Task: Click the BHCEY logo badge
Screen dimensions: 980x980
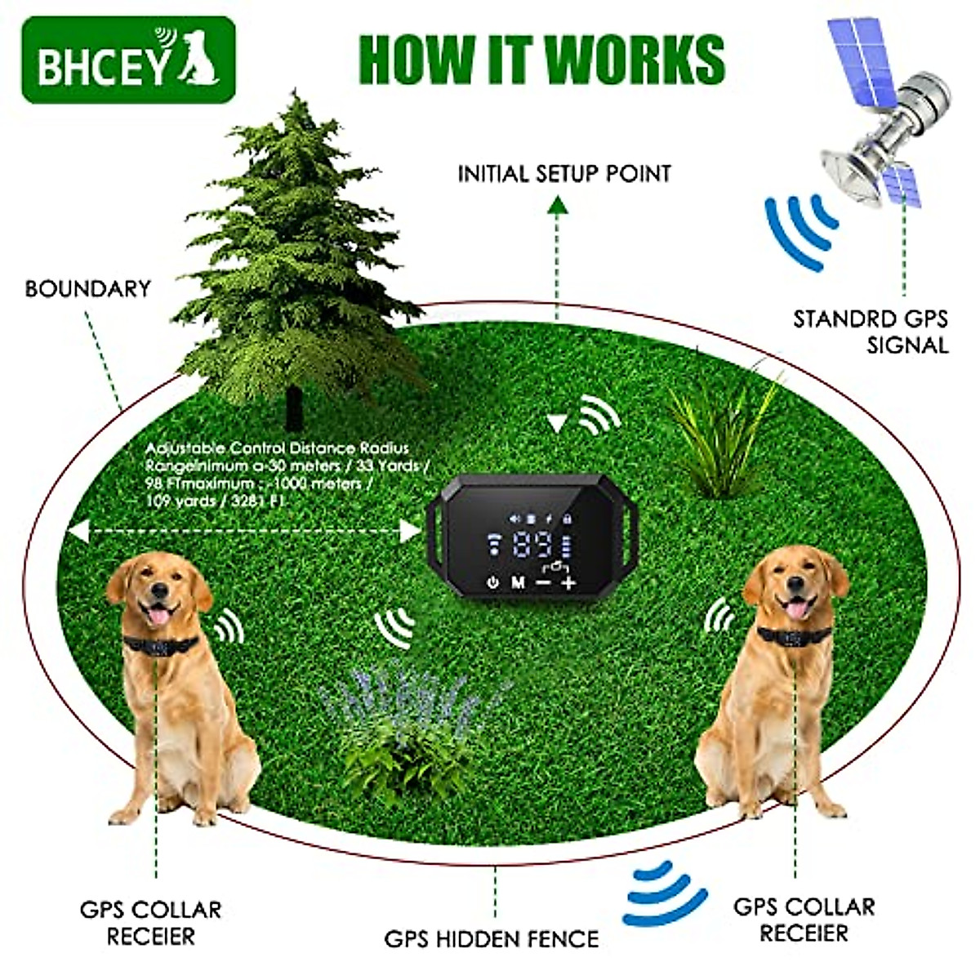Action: (x=128, y=60)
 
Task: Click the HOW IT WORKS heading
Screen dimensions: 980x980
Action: (x=541, y=59)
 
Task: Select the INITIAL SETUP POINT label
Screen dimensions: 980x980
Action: (x=563, y=174)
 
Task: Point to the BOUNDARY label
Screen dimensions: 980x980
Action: (x=87, y=288)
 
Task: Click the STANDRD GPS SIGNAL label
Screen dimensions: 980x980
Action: (x=871, y=331)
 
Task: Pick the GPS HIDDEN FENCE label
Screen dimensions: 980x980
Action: (x=492, y=938)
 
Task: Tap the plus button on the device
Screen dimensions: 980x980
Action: (x=568, y=582)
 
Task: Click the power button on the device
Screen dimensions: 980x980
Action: (x=492, y=582)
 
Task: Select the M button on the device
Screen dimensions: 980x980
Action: (x=518, y=582)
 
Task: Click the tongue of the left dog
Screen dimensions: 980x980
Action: (x=159, y=614)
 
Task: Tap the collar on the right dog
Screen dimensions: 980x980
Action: (x=794, y=634)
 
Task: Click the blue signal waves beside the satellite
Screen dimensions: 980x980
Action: (x=800, y=231)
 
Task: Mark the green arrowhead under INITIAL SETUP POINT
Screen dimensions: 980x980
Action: (x=558, y=206)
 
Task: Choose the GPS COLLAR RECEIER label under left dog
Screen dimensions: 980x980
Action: (x=150, y=922)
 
